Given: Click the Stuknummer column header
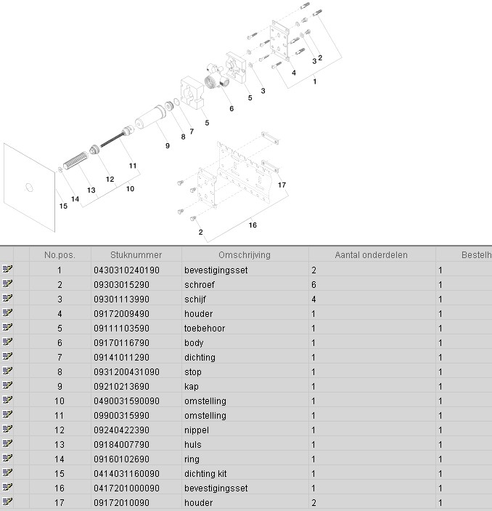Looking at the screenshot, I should coord(136,255).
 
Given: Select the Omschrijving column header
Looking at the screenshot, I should coord(245,255).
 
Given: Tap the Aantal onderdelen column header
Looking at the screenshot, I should coord(371,255).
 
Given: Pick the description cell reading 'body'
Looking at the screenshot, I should coord(194,343).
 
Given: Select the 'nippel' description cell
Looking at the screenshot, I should coord(197,430).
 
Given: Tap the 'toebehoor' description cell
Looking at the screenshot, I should coord(205,329).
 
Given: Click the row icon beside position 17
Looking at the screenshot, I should coord(8,502).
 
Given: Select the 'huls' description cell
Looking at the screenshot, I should coord(194,445).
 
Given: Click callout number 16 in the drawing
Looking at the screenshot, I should coord(253,225).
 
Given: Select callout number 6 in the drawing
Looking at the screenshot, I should coord(231,109).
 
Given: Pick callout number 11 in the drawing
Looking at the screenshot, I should coord(133,166).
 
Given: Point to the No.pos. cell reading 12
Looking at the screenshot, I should coord(60,430).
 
